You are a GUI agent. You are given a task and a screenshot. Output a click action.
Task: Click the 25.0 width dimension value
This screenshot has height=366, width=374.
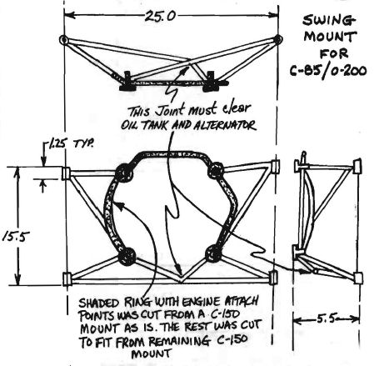click(160, 16)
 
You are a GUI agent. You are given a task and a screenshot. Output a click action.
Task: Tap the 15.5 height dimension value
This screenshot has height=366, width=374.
click(16, 237)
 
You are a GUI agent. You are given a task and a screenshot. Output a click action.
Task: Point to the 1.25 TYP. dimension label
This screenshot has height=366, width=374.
click(71, 144)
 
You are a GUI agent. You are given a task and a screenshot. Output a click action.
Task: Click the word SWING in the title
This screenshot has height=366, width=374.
click(329, 21)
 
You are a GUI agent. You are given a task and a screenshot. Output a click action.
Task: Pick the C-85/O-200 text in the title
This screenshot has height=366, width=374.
click(328, 71)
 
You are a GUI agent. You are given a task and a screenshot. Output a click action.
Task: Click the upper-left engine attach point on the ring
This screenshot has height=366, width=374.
click(123, 173)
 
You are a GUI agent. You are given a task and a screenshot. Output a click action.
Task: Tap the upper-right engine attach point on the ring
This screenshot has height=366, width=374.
click(216, 171)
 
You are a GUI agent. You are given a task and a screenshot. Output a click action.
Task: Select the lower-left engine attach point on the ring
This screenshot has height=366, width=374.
click(127, 256)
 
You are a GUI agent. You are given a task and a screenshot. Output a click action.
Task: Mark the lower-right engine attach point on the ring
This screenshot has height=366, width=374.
click(213, 253)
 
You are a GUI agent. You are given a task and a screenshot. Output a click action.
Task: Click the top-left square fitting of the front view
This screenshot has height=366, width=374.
click(66, 173)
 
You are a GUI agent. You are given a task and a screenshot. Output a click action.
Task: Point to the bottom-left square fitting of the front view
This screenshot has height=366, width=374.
click(67, 279)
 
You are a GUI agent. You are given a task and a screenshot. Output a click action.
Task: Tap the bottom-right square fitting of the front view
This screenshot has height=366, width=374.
click(273, 278)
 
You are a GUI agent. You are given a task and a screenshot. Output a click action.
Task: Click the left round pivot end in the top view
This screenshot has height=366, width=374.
click(63, 40)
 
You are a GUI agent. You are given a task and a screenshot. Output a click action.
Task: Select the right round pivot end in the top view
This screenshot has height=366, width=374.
click(278, 39)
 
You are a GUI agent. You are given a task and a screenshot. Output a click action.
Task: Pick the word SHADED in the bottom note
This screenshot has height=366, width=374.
click(99, 303)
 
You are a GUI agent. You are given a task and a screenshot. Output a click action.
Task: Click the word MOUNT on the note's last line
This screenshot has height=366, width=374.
click(151, 354)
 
